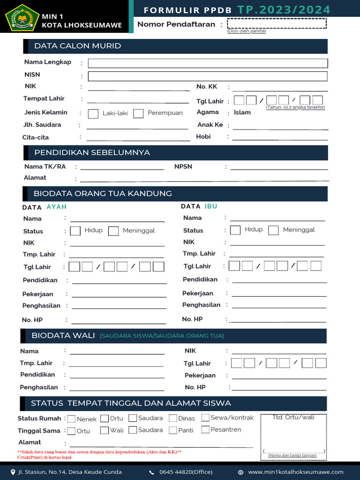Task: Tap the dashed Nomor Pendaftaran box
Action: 277,23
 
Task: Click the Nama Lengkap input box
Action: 208,63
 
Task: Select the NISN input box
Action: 208,76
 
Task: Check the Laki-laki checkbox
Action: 93,113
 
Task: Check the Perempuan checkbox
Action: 138,113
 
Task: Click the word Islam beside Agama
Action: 242,112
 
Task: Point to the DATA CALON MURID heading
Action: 78,46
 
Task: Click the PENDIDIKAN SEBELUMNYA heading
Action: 92,153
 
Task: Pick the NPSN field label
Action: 183,166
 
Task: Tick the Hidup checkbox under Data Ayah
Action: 75,231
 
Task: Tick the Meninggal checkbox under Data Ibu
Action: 274,230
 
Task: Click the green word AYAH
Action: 57,207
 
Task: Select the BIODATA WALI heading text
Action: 63,336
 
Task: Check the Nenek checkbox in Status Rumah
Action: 71,419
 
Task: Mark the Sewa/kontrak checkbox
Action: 205,418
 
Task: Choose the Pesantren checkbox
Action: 205,429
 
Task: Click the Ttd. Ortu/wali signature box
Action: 293,436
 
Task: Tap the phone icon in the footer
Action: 152,472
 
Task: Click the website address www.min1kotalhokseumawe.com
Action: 296,472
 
